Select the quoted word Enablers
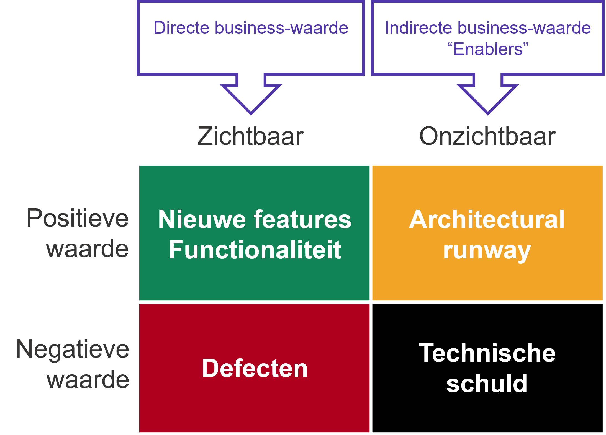coord(488,49)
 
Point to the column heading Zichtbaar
coord(251,136)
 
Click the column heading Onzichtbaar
coord(487,136)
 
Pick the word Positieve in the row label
coord(78,219)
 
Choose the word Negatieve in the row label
coord(73,349)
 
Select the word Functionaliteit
coord(255,250)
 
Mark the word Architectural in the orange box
coord(487,219)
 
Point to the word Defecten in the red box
coord(255,368)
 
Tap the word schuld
coord(487,384)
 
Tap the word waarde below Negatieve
coord(88,380)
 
